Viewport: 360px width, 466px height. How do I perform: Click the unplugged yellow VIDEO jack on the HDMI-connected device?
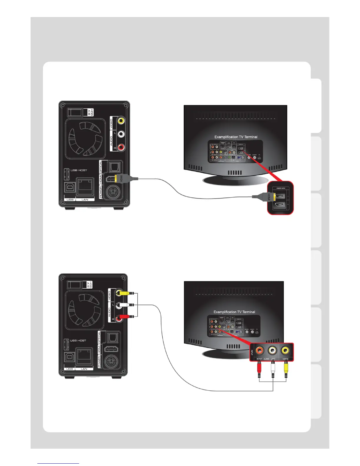click(121, 120)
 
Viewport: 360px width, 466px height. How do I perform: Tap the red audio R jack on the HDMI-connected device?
click(121, 147)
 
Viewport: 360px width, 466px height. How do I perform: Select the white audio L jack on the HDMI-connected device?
click(121, 134)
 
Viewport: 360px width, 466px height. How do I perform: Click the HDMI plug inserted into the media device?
click(121, 178)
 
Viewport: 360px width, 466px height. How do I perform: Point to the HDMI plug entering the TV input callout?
click(269, 196)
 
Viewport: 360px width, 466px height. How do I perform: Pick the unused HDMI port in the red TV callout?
click(279, 205)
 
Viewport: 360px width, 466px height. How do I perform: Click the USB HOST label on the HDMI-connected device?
click(79, 170)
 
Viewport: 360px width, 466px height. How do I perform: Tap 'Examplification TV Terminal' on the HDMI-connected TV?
click(236, 137)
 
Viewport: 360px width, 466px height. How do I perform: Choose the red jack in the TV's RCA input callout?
click(260, 350)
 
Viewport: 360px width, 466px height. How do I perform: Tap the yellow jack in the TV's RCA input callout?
click(285, 350)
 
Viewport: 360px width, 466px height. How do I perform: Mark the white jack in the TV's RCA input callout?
click(273, 350)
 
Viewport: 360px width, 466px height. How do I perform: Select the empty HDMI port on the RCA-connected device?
click(112, 349)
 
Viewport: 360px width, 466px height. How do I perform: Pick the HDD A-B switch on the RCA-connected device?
click(75, 284)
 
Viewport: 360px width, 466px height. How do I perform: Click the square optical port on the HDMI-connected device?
click(114, 167)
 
